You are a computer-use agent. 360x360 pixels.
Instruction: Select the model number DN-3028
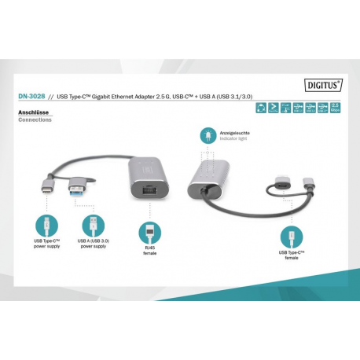[30, 98]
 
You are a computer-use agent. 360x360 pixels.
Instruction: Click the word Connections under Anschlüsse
[35, 120]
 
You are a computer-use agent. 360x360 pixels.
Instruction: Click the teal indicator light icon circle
[208, 135]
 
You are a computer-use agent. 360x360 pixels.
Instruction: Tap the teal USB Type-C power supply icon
[46, 222]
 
